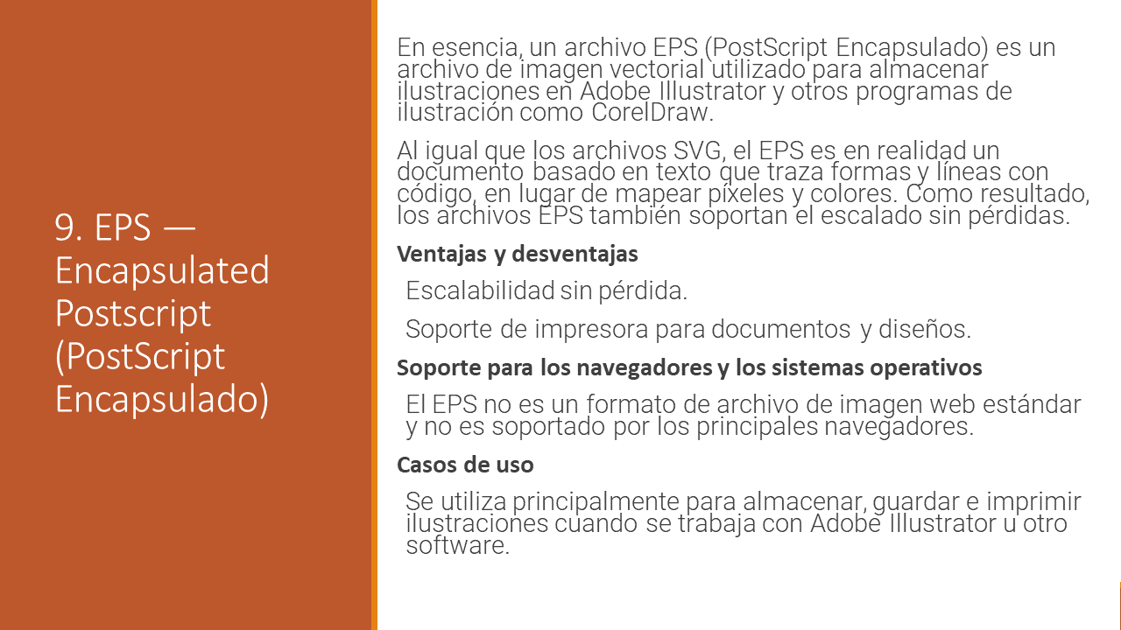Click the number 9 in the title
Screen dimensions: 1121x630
65,227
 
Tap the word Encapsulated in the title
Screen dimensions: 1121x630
162,270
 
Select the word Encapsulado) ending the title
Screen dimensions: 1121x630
162,399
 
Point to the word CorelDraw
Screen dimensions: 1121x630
652,112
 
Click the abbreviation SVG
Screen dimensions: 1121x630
700,150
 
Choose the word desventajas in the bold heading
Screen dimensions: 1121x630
575,254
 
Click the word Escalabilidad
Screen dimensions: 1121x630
480,290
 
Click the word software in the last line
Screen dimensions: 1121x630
457,545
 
